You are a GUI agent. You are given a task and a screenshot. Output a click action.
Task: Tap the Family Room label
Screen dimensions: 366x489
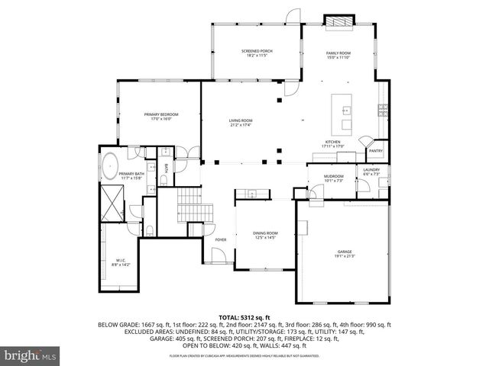point(338,53)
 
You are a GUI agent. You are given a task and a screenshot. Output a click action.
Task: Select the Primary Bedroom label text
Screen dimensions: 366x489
point(160,117)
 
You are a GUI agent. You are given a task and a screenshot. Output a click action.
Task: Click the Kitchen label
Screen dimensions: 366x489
point(333,144)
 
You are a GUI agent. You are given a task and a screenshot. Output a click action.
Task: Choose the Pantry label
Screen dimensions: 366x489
point(376,151)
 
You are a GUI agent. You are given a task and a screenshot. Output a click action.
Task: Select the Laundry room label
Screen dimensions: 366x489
point(371,172)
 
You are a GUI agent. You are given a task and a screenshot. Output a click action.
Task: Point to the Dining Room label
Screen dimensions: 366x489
point(266,236)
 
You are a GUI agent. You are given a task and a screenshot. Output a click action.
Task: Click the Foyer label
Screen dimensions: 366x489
point(221,239)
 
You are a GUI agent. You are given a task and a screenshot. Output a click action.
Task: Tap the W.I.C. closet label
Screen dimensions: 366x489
point(121,263)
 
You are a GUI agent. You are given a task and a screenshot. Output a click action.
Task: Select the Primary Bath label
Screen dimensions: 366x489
point(131,176)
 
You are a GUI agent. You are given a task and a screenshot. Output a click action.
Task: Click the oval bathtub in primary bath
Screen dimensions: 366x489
point(112,164)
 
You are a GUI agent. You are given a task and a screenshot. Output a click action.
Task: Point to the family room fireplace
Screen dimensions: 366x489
point(338,20)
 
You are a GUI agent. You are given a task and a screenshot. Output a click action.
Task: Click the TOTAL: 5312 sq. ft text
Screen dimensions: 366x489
point(244,316)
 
